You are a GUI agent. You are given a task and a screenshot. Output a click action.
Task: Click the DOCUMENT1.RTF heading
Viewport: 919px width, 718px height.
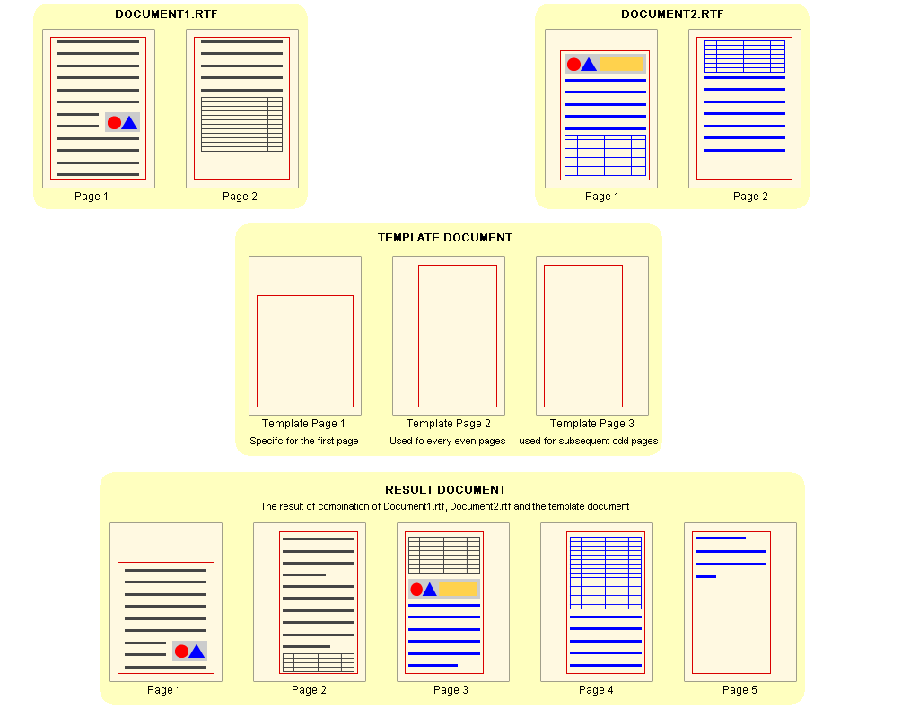tap(165, 14)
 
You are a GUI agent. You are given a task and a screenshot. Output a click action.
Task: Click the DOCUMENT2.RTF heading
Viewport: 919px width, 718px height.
tap(672, 14)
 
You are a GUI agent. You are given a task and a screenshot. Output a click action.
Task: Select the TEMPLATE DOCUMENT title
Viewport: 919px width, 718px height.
tap(445, 238)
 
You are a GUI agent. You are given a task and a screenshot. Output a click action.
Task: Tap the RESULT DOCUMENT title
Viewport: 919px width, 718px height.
tap(445, 490)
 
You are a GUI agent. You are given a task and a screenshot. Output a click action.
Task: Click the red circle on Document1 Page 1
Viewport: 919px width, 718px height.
tap(114, 123)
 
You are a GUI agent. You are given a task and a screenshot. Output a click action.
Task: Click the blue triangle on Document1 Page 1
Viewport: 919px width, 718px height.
tap(129, 123)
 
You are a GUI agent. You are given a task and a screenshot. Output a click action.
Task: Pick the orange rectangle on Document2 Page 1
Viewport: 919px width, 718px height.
tap(621, 64)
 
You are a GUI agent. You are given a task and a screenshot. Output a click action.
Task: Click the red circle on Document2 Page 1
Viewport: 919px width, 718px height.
tap(573, 65)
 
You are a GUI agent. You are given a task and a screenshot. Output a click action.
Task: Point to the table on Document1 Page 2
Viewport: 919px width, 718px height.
tap(241, 124)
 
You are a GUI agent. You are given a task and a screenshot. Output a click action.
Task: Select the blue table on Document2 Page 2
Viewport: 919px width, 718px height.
tap(744, 56)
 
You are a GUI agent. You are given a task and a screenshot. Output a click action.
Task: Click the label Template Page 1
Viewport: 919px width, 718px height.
tap(303, 424)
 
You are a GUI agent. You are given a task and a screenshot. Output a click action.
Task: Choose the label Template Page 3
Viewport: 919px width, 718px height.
tap(591, 424)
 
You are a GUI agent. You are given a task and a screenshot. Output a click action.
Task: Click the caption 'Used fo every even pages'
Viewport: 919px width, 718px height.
tap(447, 442)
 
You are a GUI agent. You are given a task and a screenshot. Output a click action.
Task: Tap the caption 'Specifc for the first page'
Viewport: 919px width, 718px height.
tap(303, 442)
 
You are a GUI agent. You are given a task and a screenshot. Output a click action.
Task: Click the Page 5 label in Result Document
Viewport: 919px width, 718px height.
tap(740, 690)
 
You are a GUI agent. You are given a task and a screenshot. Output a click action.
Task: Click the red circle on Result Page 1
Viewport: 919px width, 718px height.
tap(181, 652)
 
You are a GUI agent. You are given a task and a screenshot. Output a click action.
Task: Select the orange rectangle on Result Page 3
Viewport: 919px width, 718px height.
tap(458, 589)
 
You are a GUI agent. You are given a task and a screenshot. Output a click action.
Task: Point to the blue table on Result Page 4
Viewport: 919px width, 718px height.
tap(606, 573)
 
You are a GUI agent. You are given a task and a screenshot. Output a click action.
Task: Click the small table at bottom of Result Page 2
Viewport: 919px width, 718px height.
tap(319, 662)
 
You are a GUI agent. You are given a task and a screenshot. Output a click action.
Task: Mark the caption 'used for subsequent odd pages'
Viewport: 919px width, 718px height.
tap(588, 442)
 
